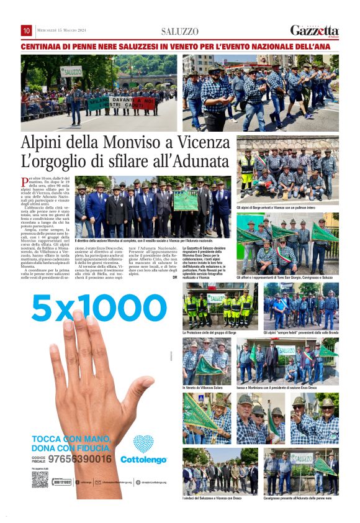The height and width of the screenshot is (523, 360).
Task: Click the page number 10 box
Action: pos(27,30)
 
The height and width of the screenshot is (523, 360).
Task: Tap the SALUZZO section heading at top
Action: pos(180,31)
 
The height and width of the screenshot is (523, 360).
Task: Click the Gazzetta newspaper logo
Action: pos(315,30)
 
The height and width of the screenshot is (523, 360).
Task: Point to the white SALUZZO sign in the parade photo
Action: pos(71,71)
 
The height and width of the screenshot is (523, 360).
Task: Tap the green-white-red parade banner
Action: pos(121,102)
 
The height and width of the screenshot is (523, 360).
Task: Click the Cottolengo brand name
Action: pos(143,460)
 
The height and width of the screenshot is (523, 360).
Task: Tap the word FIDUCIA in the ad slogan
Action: pos(90,447)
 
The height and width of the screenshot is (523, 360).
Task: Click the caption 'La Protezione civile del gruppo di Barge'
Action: pos(210,333)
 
